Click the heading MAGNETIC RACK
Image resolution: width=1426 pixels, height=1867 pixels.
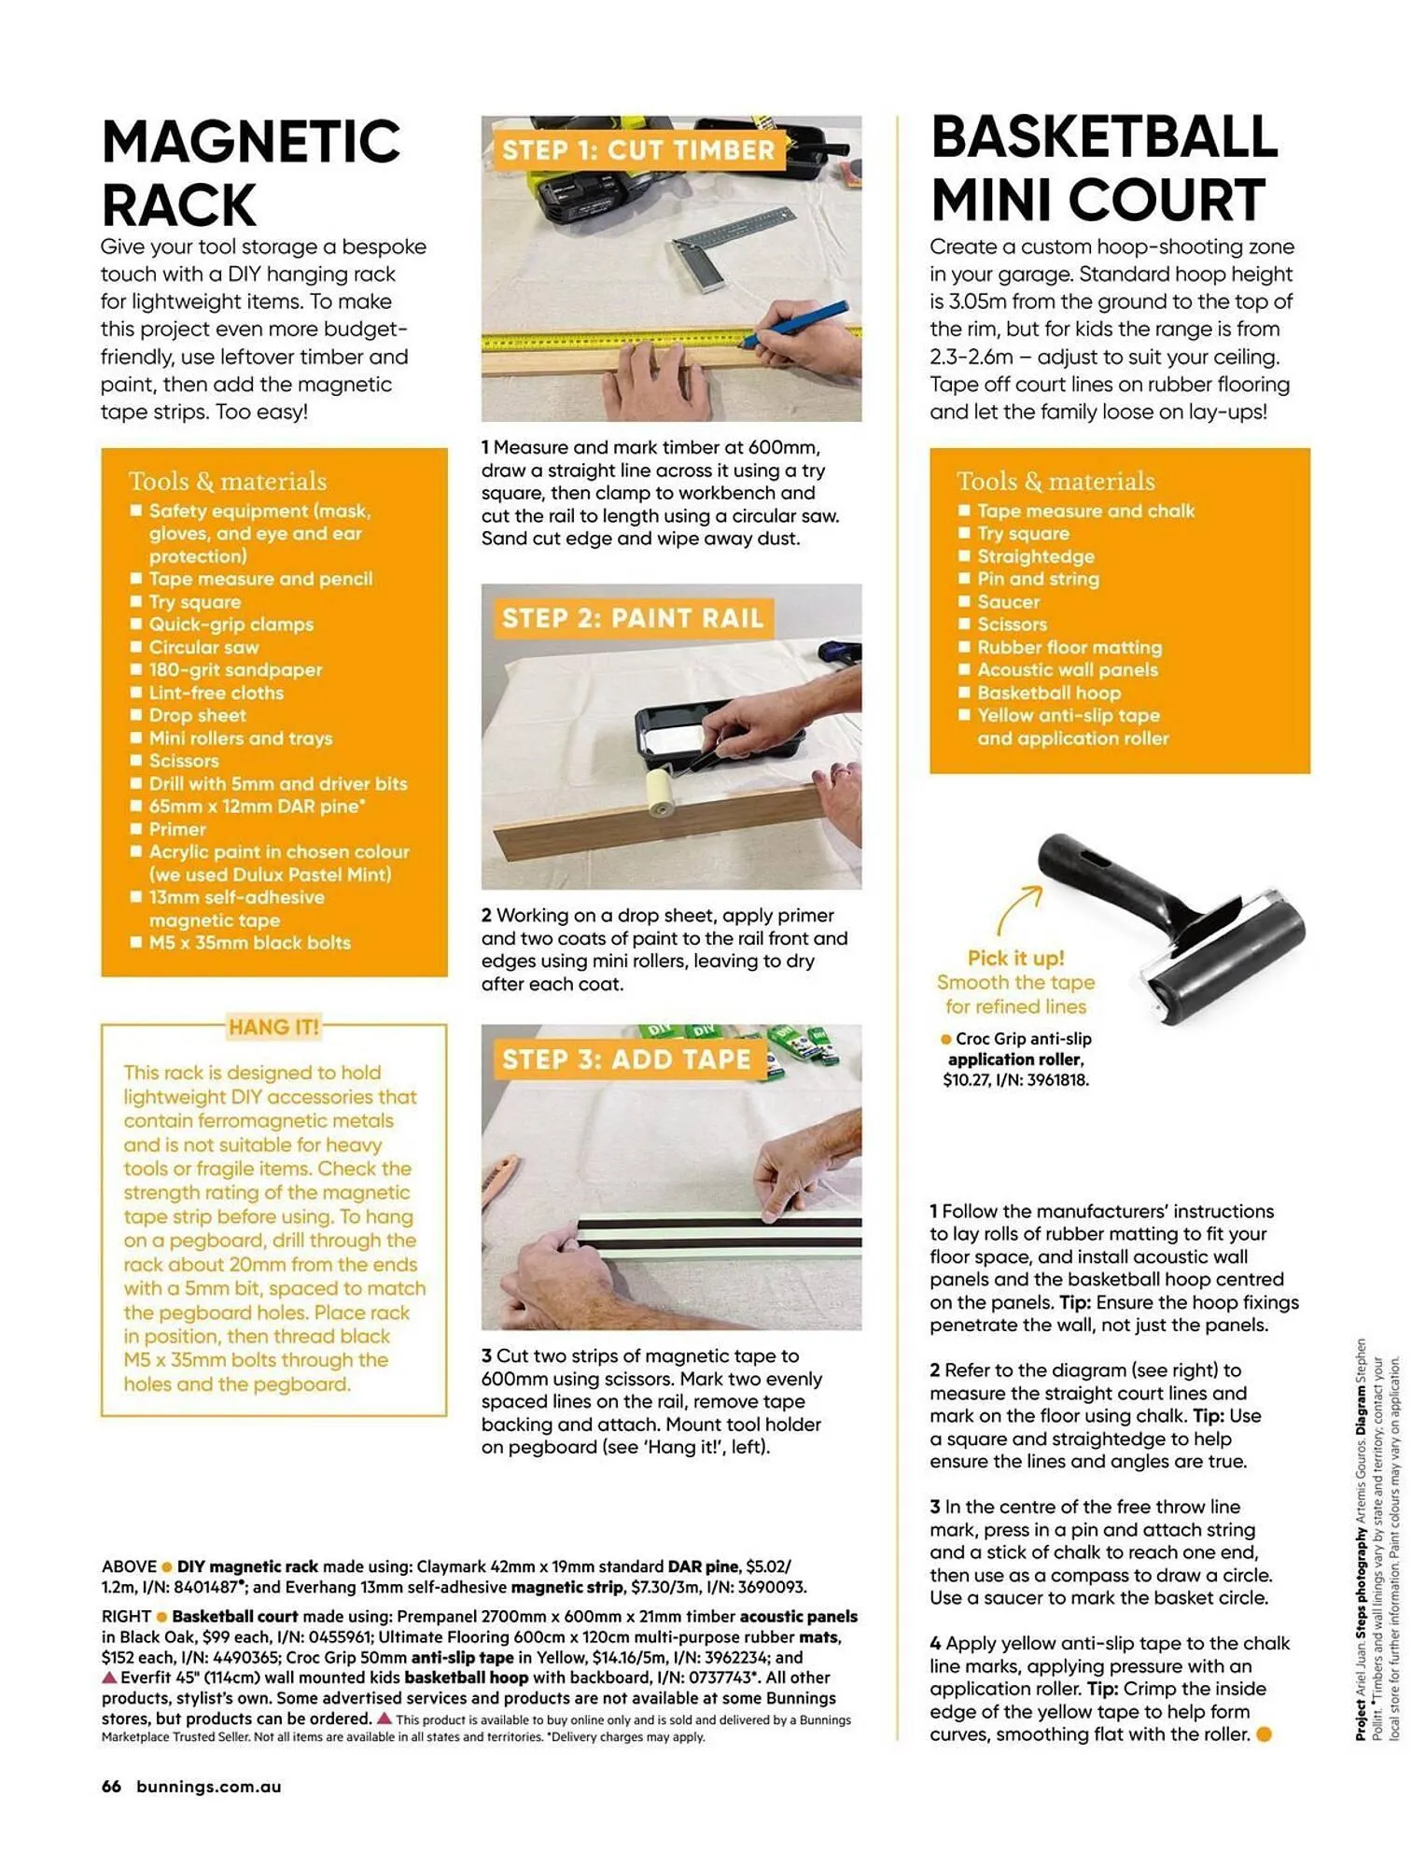point(250,174)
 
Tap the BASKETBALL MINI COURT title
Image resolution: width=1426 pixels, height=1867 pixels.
point(1103,169)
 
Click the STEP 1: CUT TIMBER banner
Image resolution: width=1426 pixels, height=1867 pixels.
point(637,150)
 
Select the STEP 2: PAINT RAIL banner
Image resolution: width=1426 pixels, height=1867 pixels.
point(633,618)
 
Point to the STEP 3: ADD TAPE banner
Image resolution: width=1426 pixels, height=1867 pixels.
point(625,1060)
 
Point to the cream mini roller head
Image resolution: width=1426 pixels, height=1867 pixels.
point(664,794)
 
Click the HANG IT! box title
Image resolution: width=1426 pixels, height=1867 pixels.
point(273,1027)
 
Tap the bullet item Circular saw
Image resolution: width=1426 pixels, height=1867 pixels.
point(203,647)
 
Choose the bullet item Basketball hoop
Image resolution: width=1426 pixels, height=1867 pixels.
point(1048,693)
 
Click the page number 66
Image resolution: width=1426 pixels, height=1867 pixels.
point(111,1787)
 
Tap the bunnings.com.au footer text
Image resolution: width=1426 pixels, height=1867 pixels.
point(208,1787)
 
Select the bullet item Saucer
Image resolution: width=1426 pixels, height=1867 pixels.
point(1008,602)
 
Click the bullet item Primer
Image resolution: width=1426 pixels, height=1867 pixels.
point(177,829)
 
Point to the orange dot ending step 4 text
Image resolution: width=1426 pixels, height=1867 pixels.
point(1264,1734)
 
